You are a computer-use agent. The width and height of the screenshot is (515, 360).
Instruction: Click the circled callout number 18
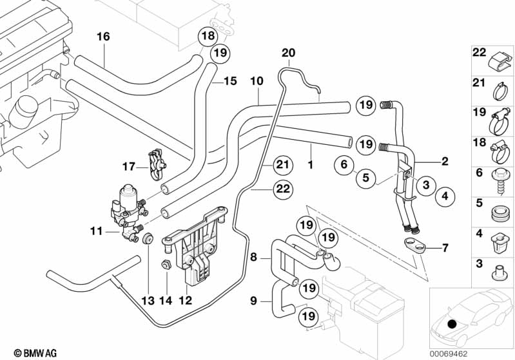click(x=207, y=36)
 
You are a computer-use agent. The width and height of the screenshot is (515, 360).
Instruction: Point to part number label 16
click(x=103, y=37)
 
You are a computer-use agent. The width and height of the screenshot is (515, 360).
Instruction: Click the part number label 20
click(x=288, y=52)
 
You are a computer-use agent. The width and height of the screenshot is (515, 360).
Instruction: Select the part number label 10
click(x=257, y=82)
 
